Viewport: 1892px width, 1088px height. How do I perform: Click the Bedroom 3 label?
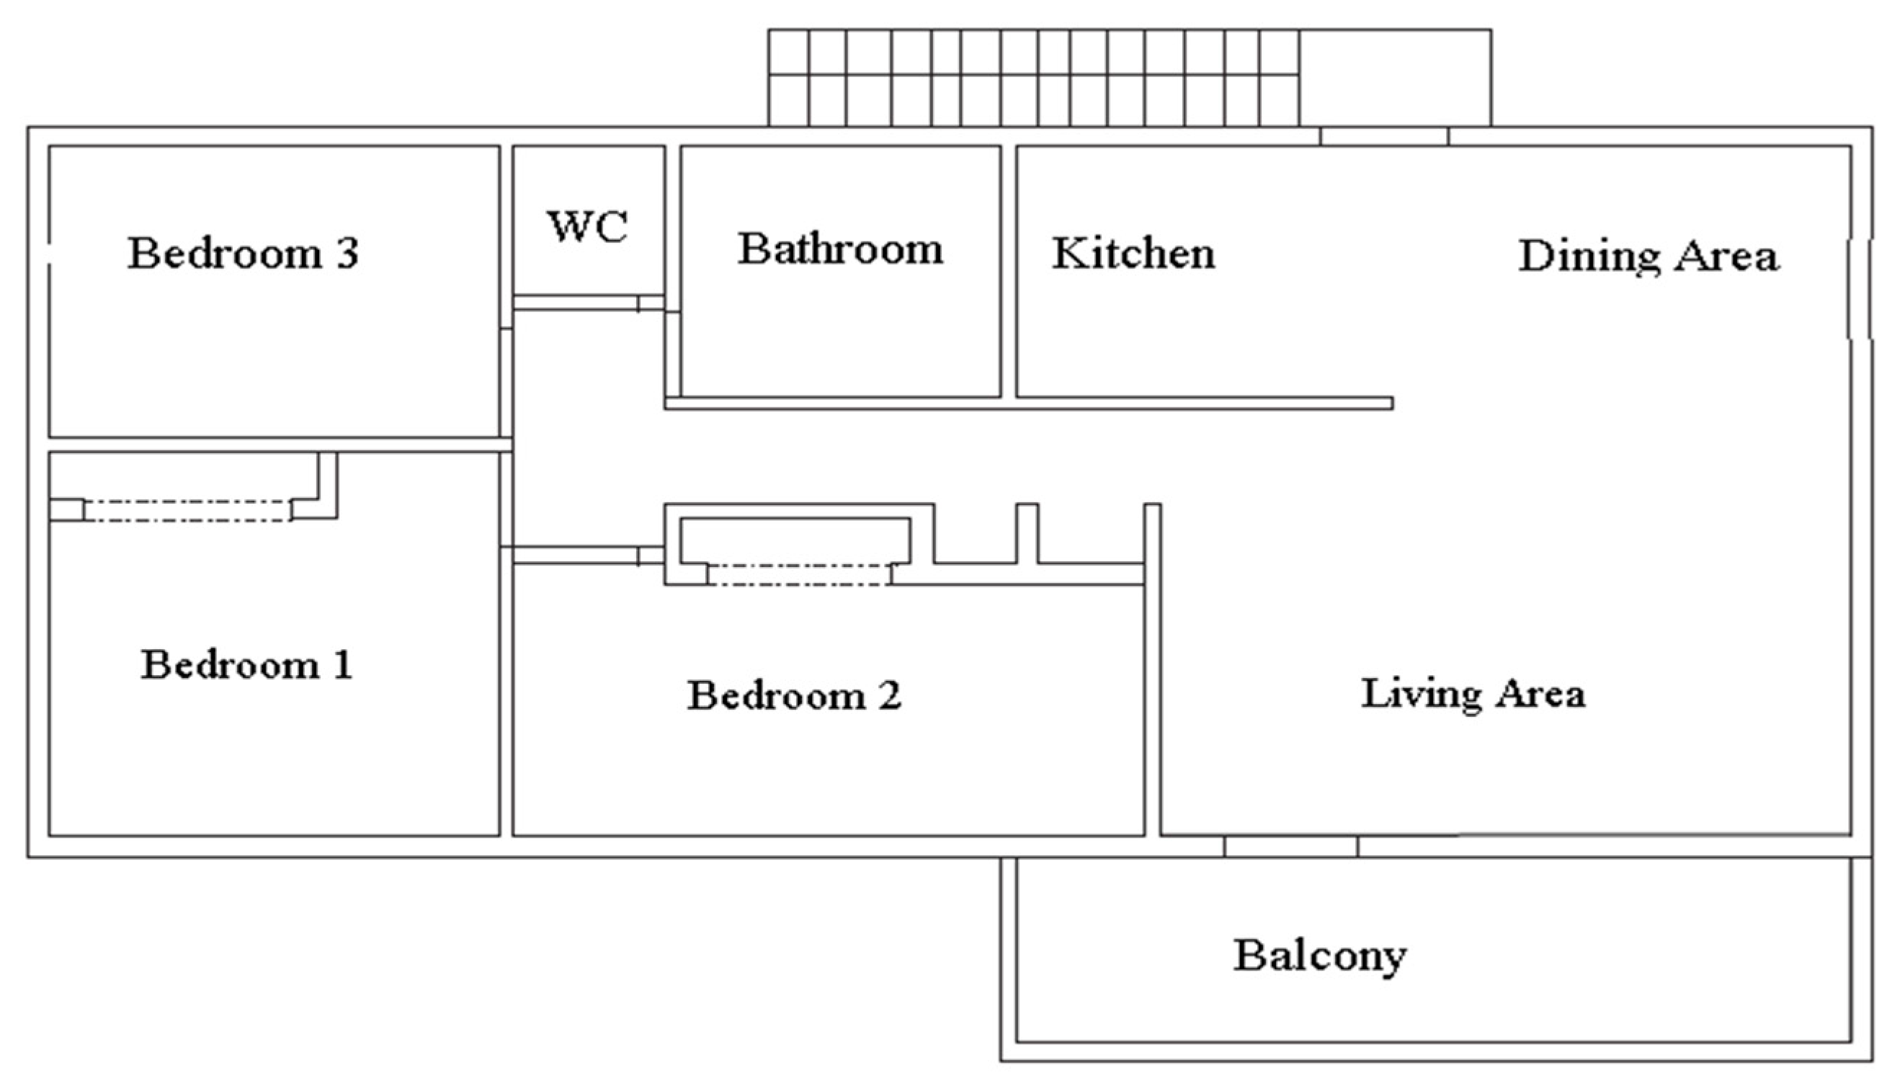(244, 254)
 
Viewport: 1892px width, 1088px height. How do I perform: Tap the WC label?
(587, 227)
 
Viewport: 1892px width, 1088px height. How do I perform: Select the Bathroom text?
(841, 249)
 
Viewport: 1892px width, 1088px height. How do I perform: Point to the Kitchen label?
(1133, 254)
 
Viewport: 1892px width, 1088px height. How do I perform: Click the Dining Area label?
(1648, 257)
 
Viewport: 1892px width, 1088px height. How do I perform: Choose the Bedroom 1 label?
(246, 664)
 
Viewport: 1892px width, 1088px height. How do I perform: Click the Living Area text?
(1473, 694)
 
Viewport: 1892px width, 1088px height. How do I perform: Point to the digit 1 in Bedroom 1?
(343, 664)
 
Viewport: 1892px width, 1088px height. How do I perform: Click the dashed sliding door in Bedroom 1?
(187, 510)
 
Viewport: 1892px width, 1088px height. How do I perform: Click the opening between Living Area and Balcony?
(1290, 846)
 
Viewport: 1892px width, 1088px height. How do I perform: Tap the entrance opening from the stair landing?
(1384, 136)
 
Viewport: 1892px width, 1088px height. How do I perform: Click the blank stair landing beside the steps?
(1395, 79)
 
